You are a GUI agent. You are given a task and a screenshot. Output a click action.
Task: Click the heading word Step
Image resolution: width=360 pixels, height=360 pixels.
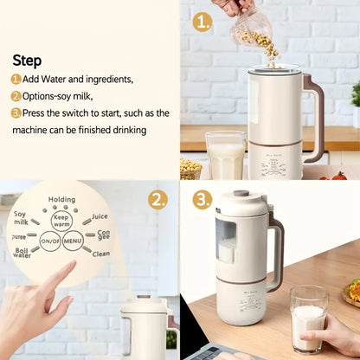click(27, 61)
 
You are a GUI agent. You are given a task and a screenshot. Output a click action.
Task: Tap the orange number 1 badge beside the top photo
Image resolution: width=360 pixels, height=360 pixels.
click(202, 22)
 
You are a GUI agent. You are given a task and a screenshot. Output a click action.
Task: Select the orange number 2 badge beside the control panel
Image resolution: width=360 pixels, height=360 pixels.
click(157, 200)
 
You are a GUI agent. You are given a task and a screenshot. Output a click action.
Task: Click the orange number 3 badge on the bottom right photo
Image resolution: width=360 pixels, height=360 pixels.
click(202, 200)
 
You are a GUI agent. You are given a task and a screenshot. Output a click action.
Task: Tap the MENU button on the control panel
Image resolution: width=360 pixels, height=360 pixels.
click(73, 241)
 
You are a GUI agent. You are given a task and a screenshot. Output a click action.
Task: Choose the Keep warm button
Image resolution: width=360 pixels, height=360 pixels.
click(61, 220)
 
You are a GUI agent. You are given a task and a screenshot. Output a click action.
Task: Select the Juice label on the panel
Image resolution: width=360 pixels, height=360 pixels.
click(100, 216)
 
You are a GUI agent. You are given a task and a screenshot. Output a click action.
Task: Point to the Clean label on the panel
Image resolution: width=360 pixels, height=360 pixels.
click(100, 254)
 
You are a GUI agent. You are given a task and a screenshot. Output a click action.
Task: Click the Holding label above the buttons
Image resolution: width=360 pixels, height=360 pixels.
click(61, 200)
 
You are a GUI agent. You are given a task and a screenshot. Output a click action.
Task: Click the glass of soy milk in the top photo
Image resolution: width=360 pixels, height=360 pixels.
click(225, 157)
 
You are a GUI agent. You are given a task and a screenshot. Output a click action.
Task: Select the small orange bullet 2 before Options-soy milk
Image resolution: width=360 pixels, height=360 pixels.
click(16, 96)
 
